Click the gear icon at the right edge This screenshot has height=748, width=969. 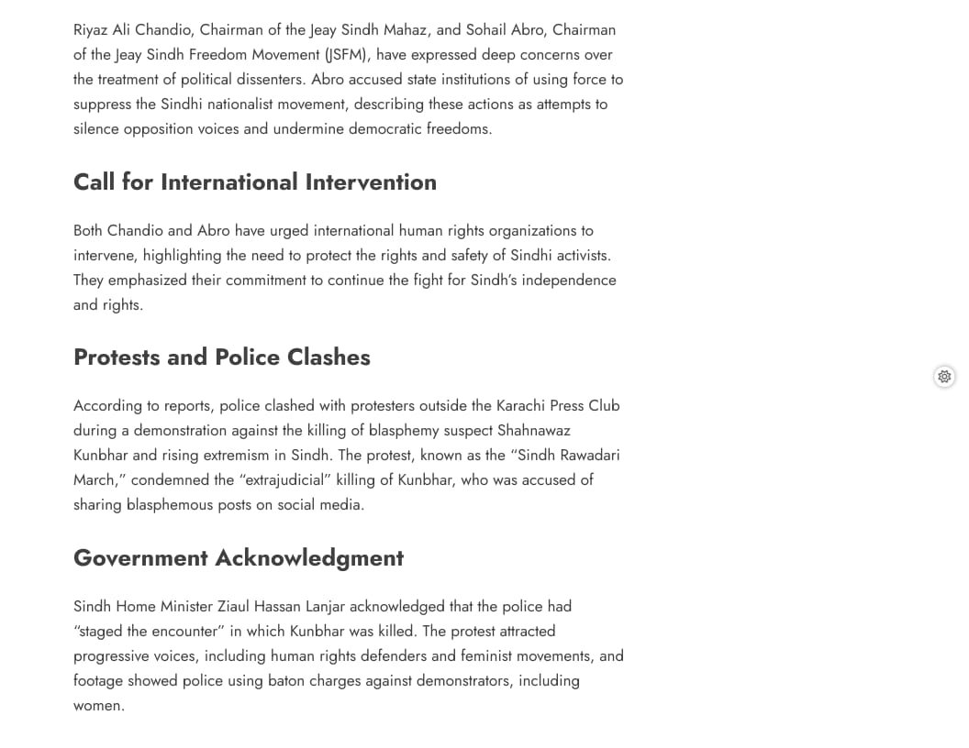click(944, 377)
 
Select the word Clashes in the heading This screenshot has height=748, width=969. click(329, 357)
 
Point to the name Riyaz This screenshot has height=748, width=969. click(93, 29)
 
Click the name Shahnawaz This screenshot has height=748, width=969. click(534, 430)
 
